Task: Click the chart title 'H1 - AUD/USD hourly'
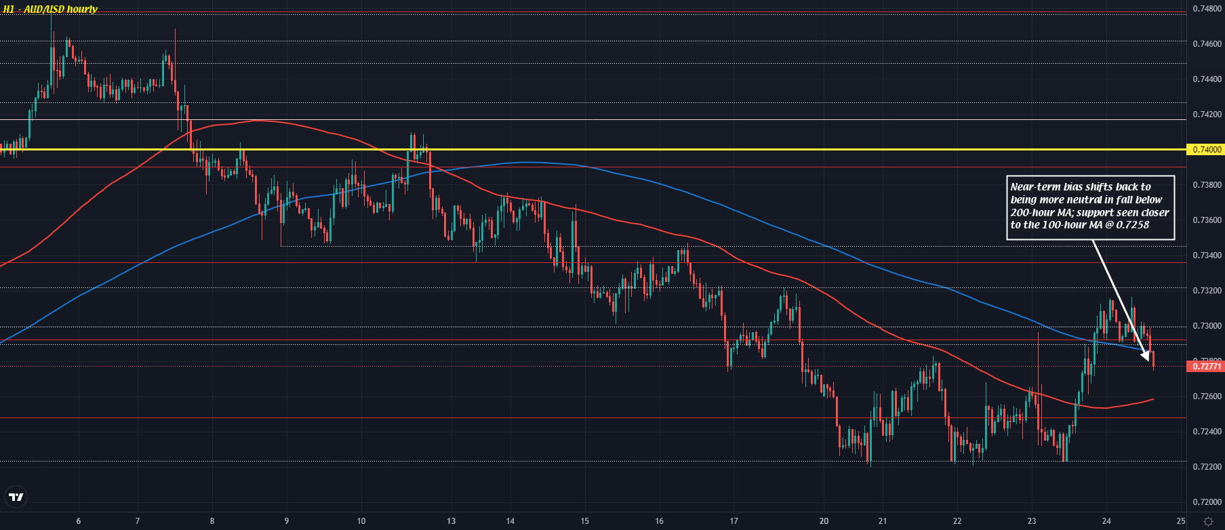point(50,9)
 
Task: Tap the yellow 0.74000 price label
point(1207,150)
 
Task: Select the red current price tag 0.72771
point(1207,367)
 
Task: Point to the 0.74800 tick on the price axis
point(1207,9)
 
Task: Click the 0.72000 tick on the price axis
point(1207,502)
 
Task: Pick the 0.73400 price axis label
point(1207,256)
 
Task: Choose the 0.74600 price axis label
point(1207,44)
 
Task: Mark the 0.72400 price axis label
point(1207,432)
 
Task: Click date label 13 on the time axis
point(451,521)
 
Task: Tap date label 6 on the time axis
point(79,521)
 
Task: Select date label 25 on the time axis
point(1180,521)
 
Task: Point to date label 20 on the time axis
point(824,521)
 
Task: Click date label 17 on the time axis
point(734,521)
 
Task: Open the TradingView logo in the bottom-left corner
point(16,497)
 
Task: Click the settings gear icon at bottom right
point(1207,521)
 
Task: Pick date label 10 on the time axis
point(361,521)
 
